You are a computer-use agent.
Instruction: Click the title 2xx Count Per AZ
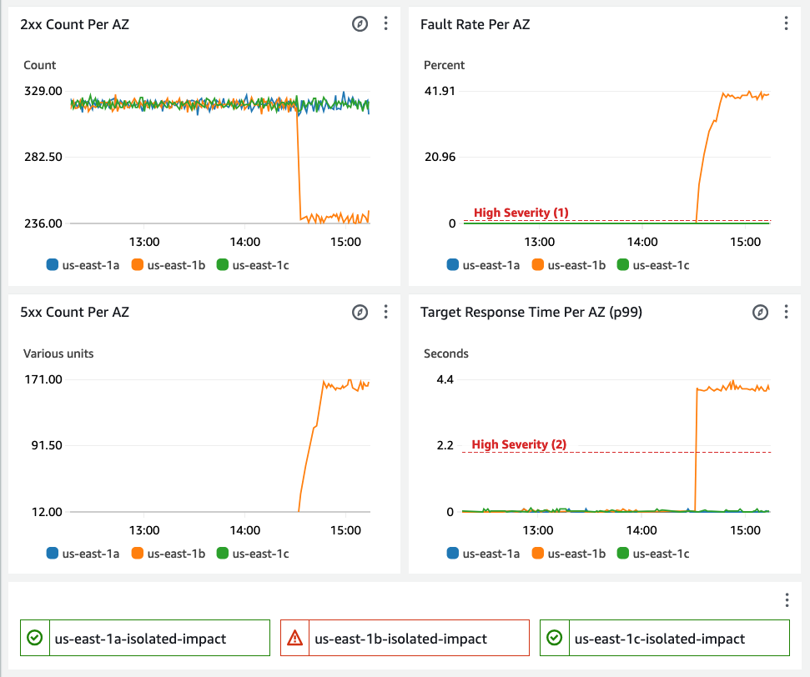click(74, 24)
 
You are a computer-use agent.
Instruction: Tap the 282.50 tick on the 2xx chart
click(43, 157)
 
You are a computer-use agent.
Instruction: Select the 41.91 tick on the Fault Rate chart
click(440, 91)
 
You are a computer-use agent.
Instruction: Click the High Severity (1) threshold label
click(521, 213)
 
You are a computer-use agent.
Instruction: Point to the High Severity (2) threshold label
click(519, 444)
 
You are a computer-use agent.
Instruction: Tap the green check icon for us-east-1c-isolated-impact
click(554, 638)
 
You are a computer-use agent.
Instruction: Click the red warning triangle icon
click(294, 639)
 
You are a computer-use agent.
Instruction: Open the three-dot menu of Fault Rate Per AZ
click(786, 23)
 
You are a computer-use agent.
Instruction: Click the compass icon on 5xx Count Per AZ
click(360, 312)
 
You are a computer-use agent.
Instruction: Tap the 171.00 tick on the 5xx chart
click(43, 379)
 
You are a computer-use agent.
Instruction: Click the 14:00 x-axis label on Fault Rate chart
click(641, 242)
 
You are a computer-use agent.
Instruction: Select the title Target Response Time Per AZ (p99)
click(531, 312)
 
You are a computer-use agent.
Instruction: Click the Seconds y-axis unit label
click(446, 354)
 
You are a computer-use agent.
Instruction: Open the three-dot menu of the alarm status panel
click(786, 600)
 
